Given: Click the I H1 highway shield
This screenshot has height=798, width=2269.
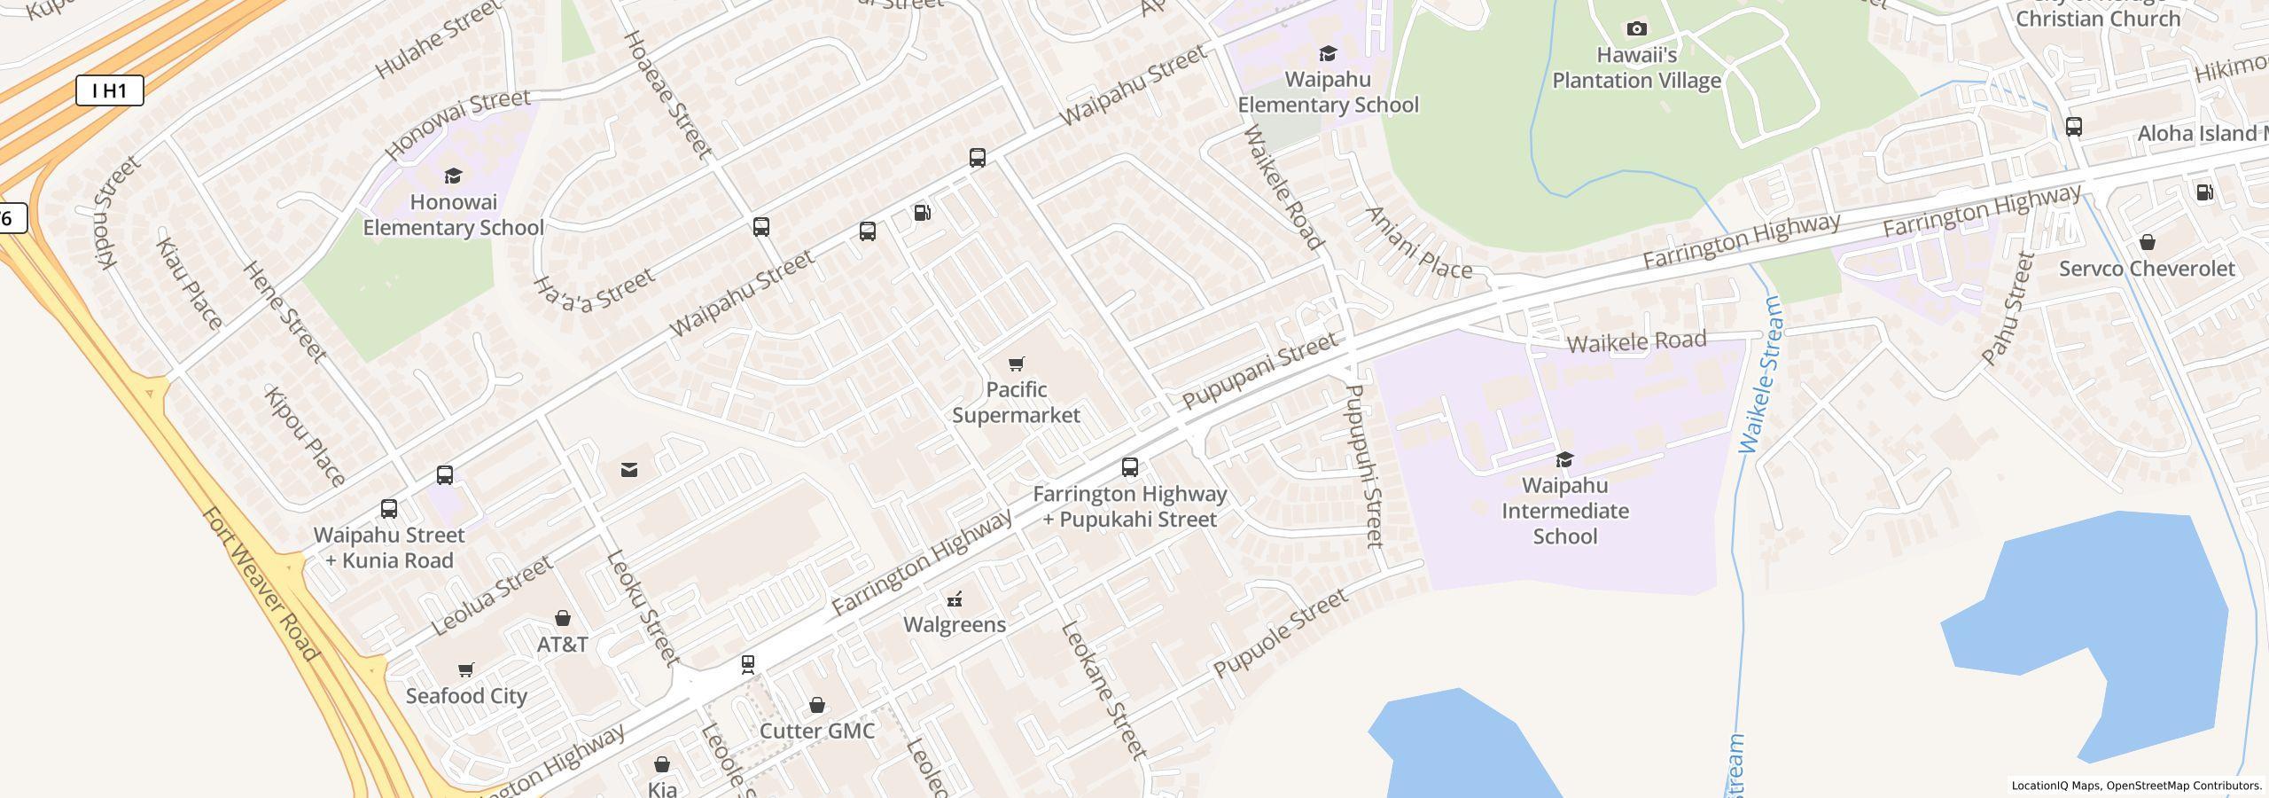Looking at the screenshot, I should (x=109, y=90).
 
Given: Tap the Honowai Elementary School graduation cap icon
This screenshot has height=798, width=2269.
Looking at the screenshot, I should (x=453, y=176).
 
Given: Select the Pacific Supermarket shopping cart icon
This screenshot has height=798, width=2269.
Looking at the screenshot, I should (x=1017, y=364).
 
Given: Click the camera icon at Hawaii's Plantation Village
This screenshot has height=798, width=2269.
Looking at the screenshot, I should (x=1636, y=29).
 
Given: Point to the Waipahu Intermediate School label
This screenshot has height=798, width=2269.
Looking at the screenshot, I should (x=1564, y=511).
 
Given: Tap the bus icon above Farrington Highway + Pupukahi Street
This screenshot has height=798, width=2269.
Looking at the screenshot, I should (x=1129, y=466).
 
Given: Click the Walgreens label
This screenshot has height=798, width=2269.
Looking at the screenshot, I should (x=955, y=624).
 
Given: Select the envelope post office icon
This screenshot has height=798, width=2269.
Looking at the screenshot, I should (x=629, y=469).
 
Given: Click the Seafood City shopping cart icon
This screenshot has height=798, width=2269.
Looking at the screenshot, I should (x=466, y=669).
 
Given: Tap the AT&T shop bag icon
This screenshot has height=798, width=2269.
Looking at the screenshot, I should (x=562, y=618).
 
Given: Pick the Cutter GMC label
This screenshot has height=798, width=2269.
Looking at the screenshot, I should (x=817, y=731).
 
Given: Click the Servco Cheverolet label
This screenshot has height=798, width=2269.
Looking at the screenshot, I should (x=2146, y=269).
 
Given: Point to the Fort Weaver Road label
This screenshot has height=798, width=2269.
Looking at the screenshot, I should (x=260, y=584).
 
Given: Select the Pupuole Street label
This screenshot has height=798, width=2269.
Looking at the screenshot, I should (x=1281, y=633).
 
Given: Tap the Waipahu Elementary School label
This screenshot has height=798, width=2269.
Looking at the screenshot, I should (x=1328, y=92).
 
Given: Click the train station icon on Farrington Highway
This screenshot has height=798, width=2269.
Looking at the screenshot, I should (x=748, y=663).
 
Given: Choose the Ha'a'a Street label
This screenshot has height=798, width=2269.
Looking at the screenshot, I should (x=594, y=291).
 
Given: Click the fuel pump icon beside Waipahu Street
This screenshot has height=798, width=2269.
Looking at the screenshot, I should (x=922, y=213).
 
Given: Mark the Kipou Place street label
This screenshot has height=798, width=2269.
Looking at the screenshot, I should (x=305, y=437).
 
